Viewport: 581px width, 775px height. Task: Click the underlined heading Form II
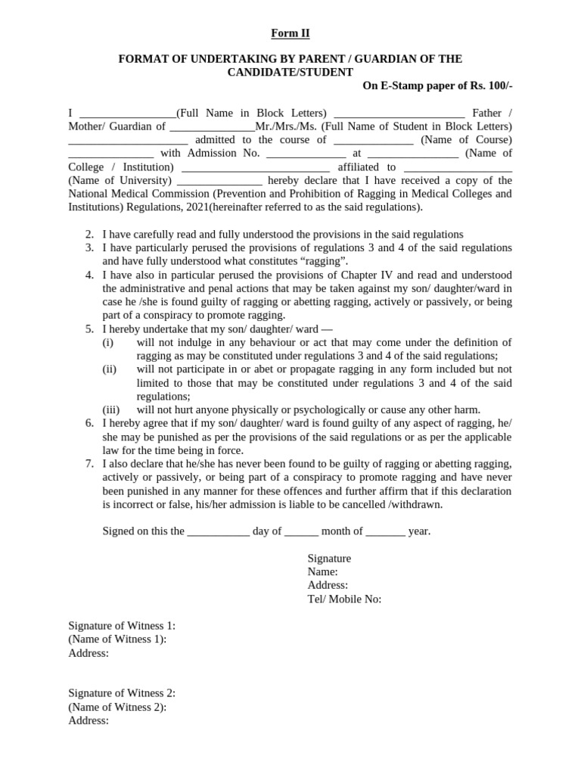click(x=290, y=33)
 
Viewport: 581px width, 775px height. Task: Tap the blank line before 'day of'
click(x=218, y=531)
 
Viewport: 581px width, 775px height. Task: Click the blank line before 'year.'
click(x=386, y=531)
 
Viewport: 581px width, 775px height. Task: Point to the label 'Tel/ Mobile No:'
click(x=344, y=599)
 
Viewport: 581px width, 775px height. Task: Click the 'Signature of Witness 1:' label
click(x=122, y=626)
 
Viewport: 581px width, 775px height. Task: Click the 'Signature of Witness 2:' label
click(x=122, y=693)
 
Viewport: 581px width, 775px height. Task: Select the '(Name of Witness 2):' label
click(x=117, y=707)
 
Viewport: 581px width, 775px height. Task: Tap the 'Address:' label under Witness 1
click(x=89, y=653)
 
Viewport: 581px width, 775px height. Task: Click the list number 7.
click(x=89, y=464)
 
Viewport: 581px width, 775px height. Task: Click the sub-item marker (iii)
click(x=111, y=410)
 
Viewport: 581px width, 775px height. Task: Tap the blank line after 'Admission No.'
click(x=306, y=154)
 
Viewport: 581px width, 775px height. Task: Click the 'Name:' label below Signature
click(x=322, y=571)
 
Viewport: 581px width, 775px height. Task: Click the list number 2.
click(x=89, y=235)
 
